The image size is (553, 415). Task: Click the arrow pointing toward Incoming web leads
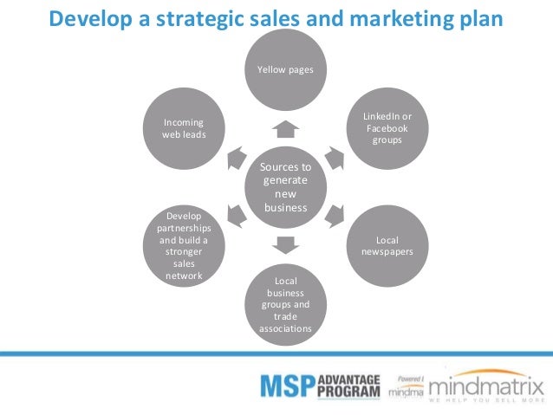[x=235, y=158]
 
